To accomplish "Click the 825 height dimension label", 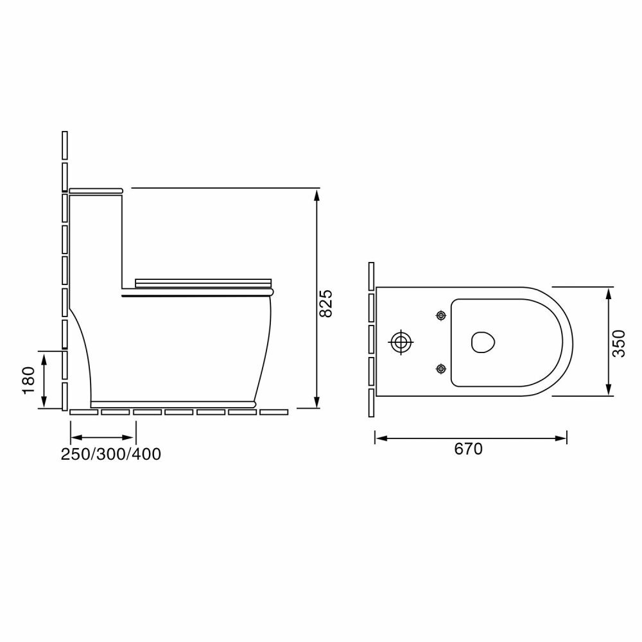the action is coord(326,304).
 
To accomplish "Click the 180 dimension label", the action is coord(29,380).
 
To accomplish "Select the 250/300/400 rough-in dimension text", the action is coord(111,454).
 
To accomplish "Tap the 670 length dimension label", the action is coord(469,449).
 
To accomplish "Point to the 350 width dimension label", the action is coord(619,343).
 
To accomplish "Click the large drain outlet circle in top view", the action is coord(401,342).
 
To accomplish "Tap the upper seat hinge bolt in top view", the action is coord(441,315).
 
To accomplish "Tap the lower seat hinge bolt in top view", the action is coord(441,369).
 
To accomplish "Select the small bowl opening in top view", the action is coord(483,342).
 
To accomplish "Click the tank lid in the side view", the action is coord(96,191).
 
